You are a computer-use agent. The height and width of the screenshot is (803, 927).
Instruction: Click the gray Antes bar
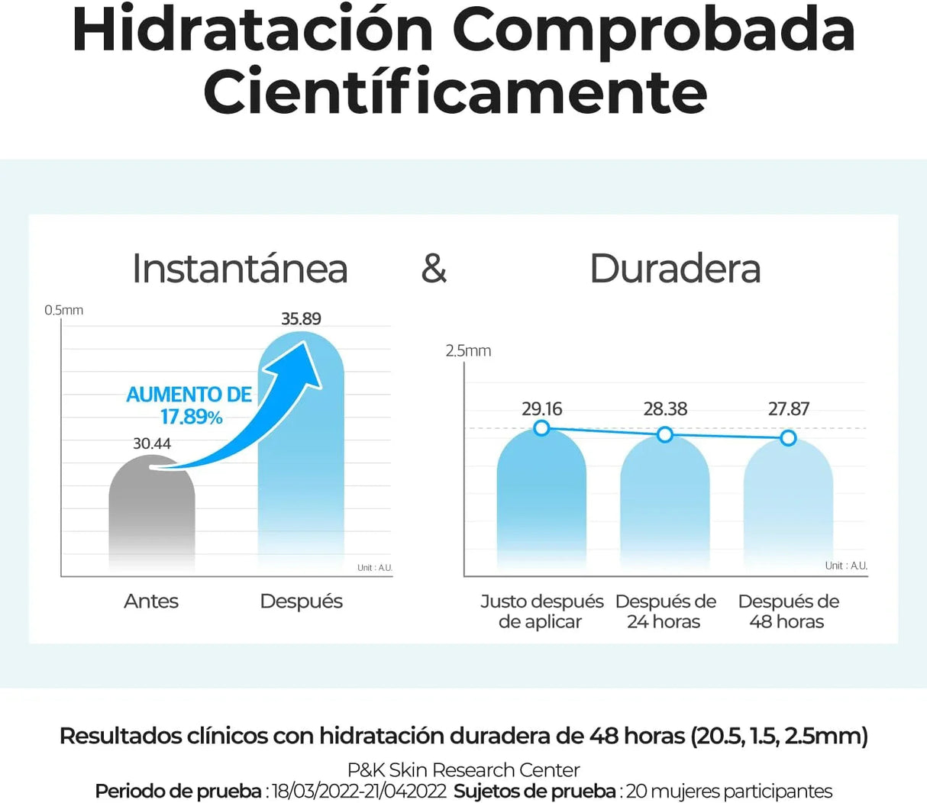(x=151, y=519)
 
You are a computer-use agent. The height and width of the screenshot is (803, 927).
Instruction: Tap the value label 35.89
(x=301, y=319)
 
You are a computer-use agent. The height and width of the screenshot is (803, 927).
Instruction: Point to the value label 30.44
(x=152, y=443)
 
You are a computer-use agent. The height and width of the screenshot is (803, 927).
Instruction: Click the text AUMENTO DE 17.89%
(x=189, y=405)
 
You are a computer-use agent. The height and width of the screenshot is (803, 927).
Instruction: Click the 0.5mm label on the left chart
(x=63, y=310)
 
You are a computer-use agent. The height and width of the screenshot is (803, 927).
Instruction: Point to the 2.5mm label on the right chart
(x=468, y=351)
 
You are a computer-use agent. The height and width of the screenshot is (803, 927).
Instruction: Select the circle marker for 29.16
(x=541, y=428)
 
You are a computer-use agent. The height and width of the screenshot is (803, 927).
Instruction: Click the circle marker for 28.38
(x=665, y=434)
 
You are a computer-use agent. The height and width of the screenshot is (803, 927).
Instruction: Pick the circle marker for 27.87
(x=789, y=438)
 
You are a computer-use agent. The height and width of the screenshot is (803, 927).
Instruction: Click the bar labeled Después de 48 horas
(x=788, y=508)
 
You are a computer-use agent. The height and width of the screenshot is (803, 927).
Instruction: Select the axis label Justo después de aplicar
(x=541, y=611)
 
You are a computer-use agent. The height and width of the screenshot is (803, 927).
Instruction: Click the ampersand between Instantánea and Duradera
(x=434, y=269)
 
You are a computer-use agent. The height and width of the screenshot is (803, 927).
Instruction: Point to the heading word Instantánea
(x=240, y=269)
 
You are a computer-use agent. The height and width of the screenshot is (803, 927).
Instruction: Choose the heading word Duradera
(x=675, y=269)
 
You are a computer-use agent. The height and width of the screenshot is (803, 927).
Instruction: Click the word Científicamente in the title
(x=455, y=92)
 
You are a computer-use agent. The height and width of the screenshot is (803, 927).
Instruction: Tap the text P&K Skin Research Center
(x=463, y=770)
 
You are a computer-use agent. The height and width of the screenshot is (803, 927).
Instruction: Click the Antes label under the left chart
(x=151, y=601)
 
